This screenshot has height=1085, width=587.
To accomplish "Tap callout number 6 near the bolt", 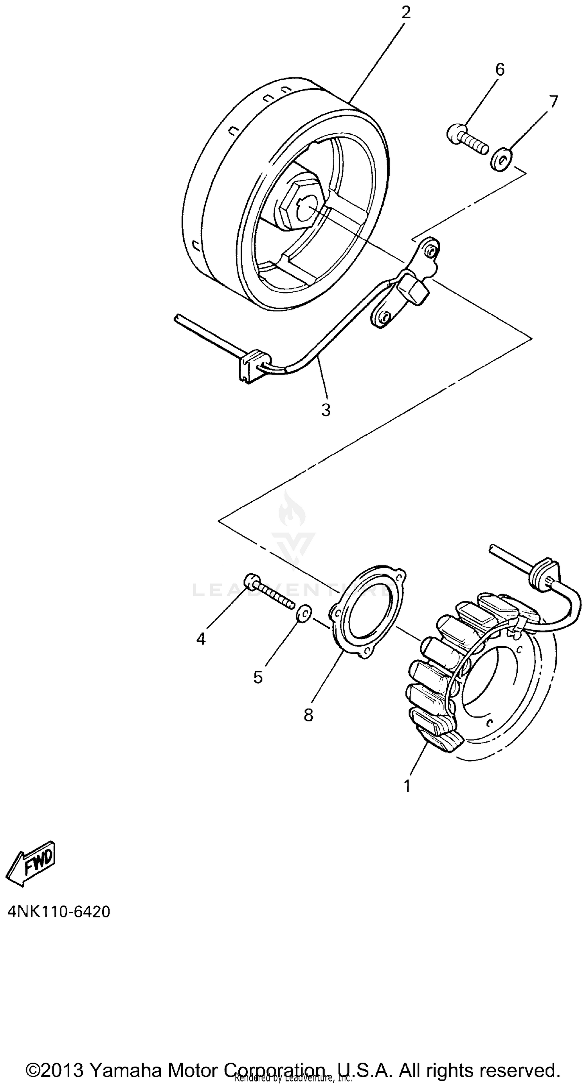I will (499, 69).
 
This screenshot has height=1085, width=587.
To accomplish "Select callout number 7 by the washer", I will (553, 101).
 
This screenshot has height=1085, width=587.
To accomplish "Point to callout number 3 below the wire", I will (326, 409).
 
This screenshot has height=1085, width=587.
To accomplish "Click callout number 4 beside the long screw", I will (201, 639).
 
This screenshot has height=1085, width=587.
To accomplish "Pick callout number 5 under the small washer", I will (258, 677).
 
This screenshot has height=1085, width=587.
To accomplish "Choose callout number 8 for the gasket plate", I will (308, 715).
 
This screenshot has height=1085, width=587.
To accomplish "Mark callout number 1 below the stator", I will (407, 786).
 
